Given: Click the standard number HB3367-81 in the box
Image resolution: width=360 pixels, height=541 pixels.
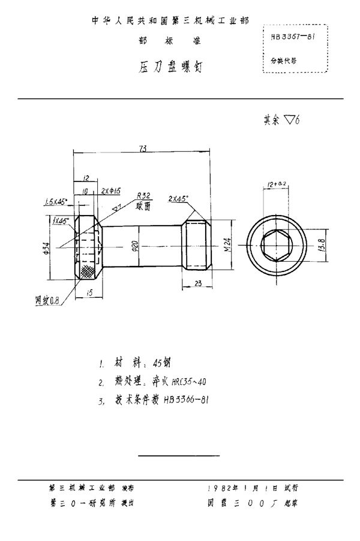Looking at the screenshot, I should pyautogui.click(x=294, y=37).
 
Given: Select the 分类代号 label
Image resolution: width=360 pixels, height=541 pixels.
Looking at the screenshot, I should pyautogui.click(x=283, y=61).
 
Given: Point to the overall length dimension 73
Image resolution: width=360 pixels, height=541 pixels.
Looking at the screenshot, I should pyautogui.click(x=141, y=148).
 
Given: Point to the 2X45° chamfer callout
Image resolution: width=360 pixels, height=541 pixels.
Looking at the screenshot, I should pyautogui.click(x=178, y=198).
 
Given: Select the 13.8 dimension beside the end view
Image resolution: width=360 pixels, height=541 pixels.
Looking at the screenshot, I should pyautogui.click(x=322, y=246).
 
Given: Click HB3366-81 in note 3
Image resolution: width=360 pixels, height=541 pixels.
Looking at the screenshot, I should pyautogui.click(x=187, y=399).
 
